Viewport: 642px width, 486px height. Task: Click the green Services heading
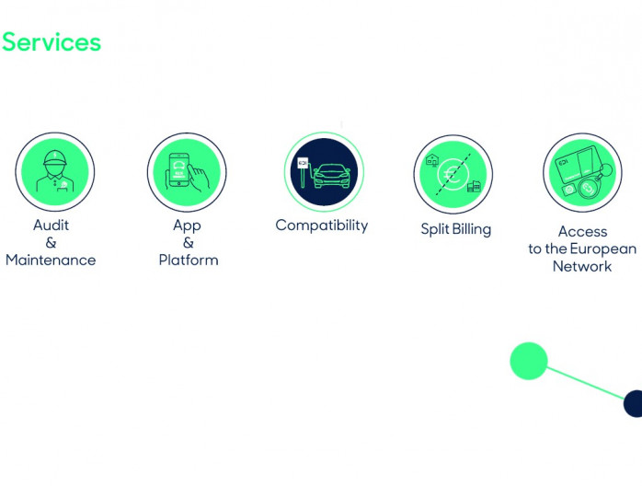pos(52,42)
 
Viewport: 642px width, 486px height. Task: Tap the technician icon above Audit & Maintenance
pos(55,172)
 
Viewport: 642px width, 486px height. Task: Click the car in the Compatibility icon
pos(332,176)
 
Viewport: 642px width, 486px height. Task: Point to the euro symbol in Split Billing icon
pos(453,175)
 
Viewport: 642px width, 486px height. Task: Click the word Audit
pos(51,225)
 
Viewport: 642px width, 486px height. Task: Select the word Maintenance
pos(51,260)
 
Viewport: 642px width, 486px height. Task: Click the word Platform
pos(189,260)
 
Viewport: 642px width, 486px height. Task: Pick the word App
pos(187,226)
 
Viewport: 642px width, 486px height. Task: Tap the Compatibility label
pos(322,226)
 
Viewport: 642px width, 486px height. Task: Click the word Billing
pos(472,229)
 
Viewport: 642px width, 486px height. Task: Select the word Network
pos(582,266)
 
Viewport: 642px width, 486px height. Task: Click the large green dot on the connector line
pos(529,361)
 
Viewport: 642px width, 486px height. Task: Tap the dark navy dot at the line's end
pos(633,404)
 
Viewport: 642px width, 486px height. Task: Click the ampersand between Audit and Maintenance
pos(51,243)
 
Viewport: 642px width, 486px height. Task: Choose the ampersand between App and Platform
pos(189,243)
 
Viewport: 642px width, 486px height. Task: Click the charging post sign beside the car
pos(303,163)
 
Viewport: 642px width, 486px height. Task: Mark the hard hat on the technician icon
pos(55,158)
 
